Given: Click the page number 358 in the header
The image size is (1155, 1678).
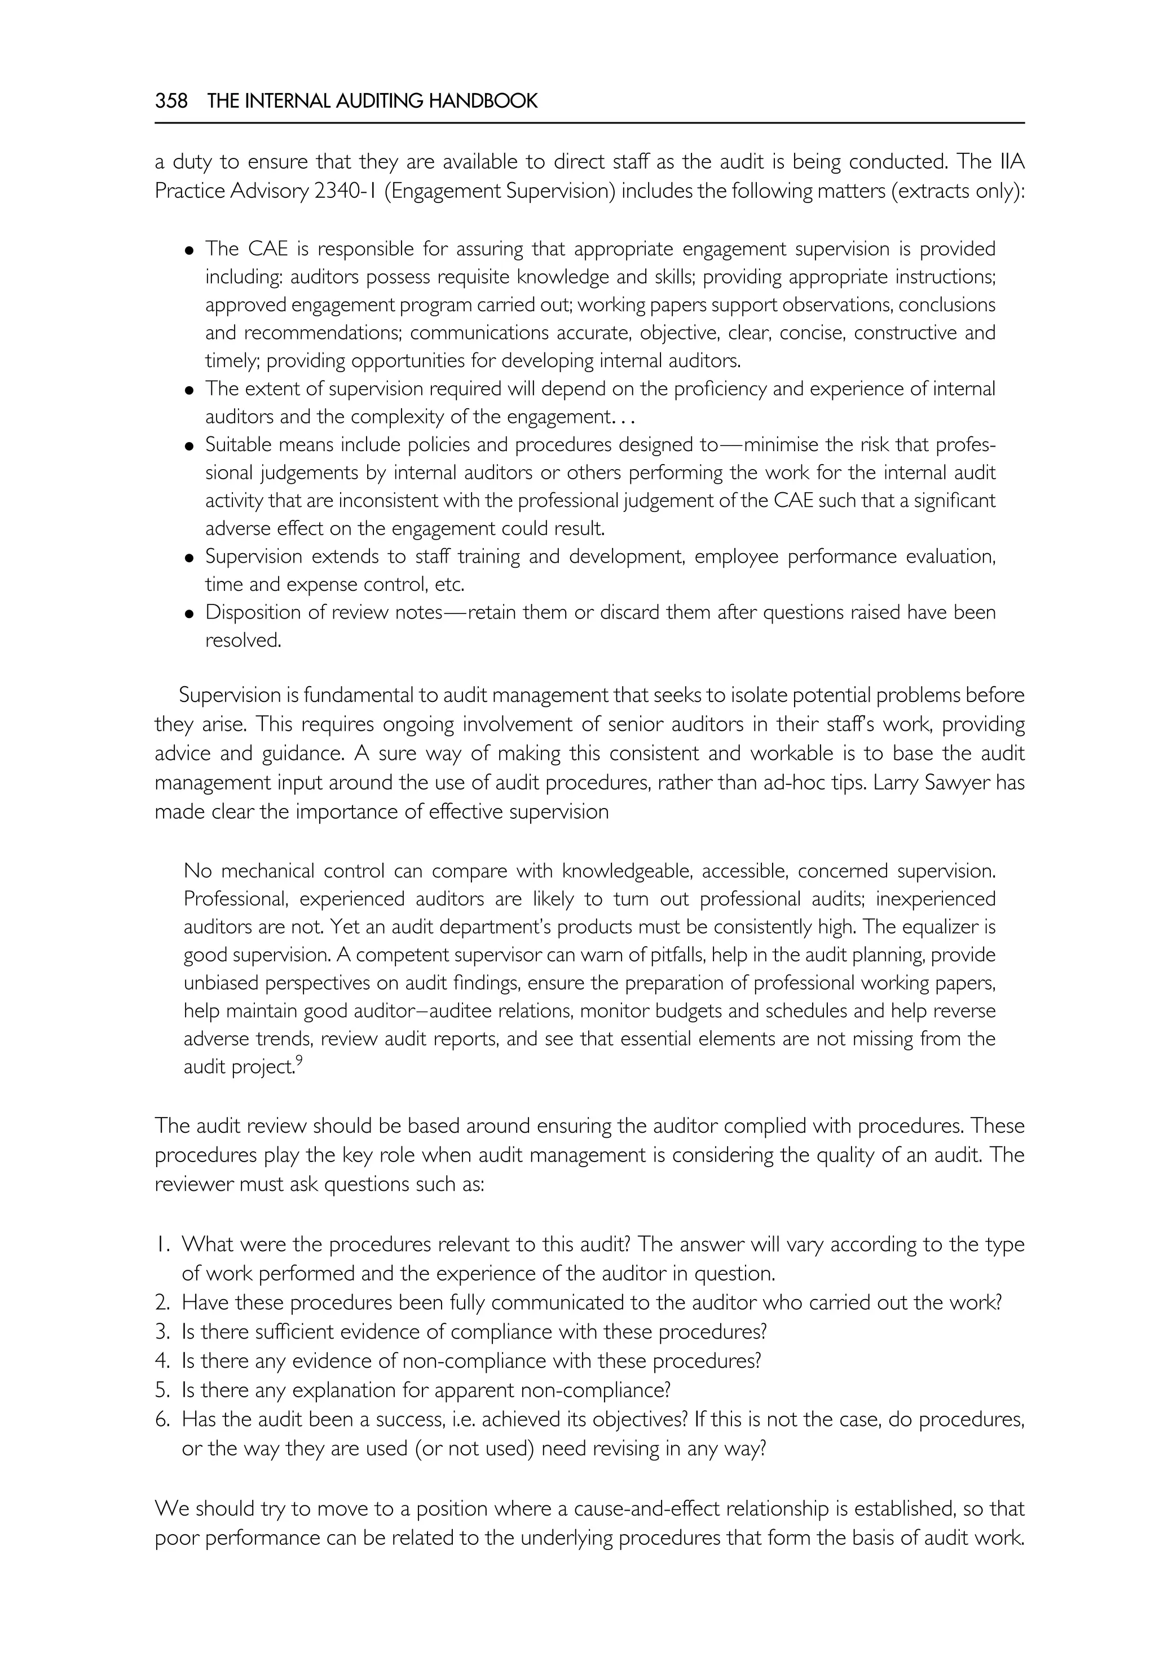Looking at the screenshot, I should click(171, 101).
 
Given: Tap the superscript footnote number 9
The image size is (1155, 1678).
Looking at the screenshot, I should click(299, 1062).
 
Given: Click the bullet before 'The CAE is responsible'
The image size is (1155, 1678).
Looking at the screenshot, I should click(189, 250).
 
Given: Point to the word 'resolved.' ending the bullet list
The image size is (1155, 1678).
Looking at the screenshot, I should click(243, 641).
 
